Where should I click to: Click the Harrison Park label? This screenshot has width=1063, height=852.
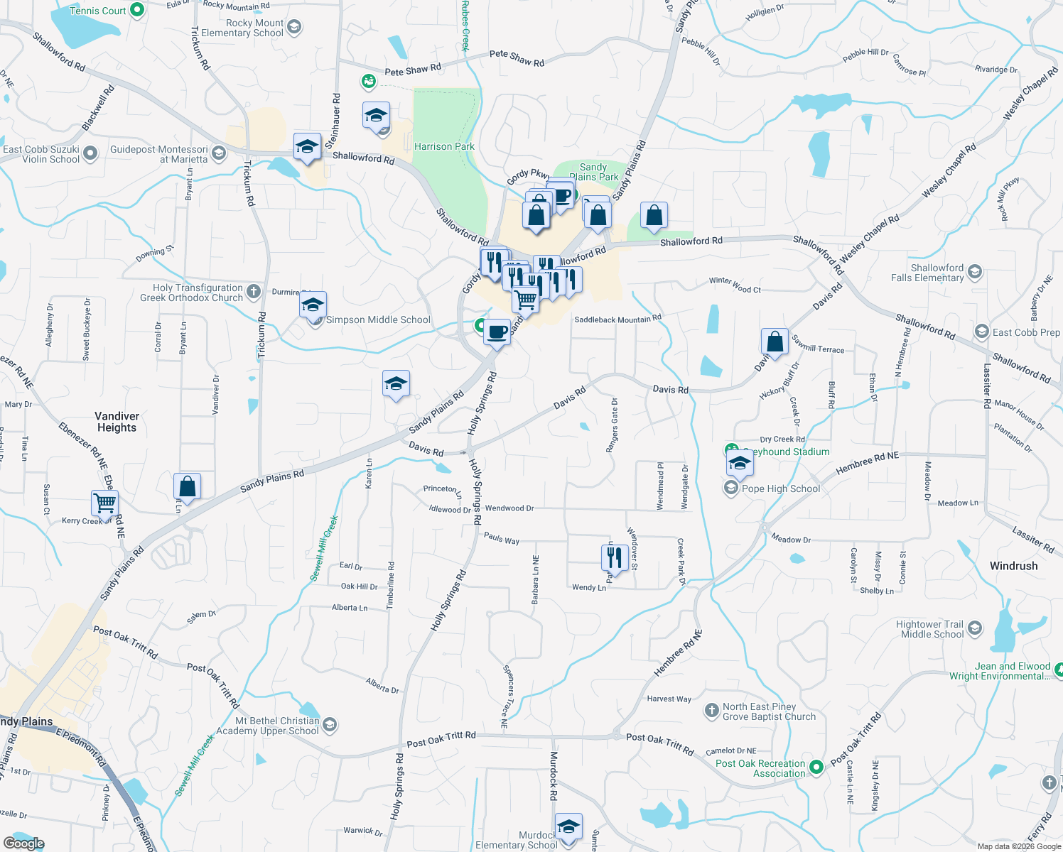[444, 146]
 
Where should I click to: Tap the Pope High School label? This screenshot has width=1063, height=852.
[781, 488]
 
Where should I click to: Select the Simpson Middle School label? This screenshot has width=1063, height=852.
[378, 320]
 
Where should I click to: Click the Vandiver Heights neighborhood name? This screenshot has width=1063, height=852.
[117, 422]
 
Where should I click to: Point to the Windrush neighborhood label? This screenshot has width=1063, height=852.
[1013, 566]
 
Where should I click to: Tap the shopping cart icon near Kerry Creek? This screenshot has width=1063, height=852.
[105, 503]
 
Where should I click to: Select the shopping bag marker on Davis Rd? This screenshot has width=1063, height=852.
[775, 342]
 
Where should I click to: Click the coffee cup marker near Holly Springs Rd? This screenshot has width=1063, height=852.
[497, 331]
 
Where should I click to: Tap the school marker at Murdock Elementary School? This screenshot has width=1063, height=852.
[568, 826]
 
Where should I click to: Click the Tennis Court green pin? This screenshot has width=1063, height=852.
[138, 11]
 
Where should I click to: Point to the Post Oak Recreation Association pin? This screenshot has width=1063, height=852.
[816, 766]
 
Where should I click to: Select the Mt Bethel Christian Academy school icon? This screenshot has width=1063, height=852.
[329, 724]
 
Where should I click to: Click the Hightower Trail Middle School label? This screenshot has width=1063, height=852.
[932, 629]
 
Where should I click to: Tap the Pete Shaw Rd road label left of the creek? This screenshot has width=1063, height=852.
[413, 70]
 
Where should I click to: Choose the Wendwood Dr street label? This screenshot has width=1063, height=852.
[509, 508]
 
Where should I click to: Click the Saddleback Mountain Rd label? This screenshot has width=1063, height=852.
[617, 319]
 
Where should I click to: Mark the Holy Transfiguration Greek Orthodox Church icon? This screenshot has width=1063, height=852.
[253, 291]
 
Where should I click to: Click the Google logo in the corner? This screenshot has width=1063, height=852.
[23, 843]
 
